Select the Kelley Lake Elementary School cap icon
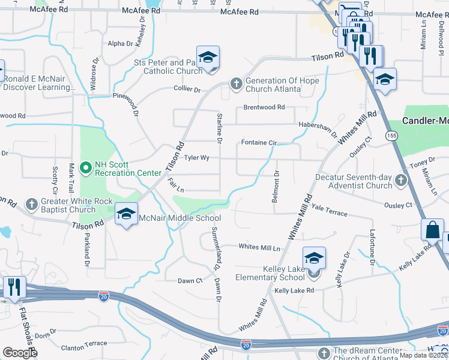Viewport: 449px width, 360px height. (x=314, y=258)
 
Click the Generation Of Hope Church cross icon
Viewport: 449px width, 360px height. (x=236, y=84)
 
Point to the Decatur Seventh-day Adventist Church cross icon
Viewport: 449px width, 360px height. (x=400, y=180)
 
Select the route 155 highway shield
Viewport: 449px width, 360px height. (x=392, y=136)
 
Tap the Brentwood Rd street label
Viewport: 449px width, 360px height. (x=264, y=107)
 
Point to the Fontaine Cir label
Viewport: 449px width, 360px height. (x=259, y=143)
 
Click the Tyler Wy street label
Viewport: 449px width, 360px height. (x=196, y=158)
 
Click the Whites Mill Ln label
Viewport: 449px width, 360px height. (x=259, y=247)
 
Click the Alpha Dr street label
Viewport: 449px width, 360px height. (x=120, y=43)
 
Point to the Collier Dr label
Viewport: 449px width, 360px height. (x=187, y=89)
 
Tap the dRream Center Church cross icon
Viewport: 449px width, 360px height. (x=324, y=352)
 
